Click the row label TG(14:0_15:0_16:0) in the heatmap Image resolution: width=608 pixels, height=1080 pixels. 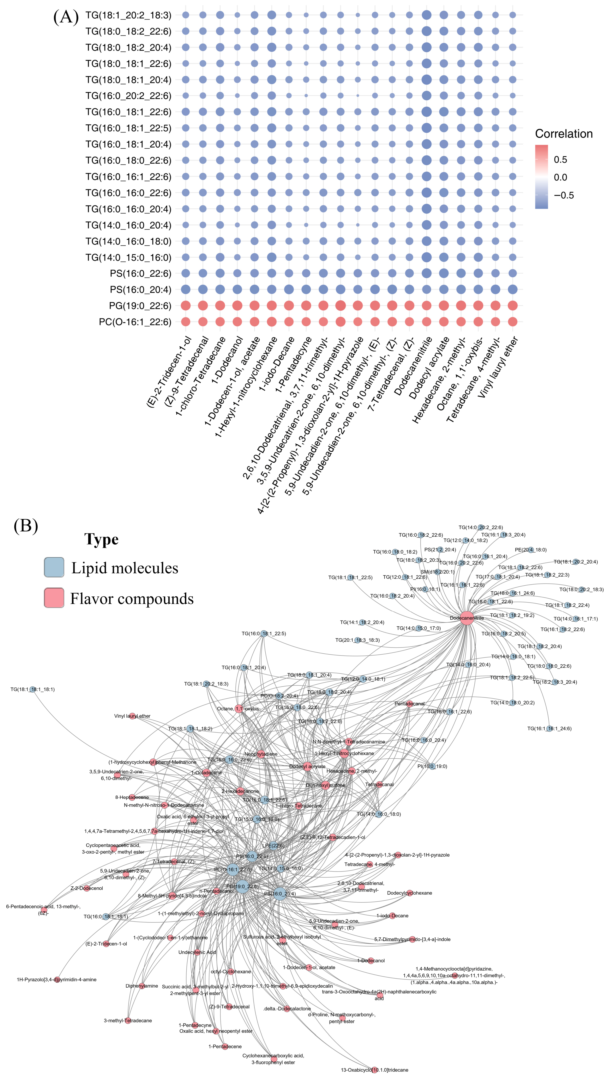coord(128,257)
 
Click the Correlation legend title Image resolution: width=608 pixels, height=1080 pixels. coord(564,134)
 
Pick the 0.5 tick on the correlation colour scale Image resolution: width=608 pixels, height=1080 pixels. coord(560,159)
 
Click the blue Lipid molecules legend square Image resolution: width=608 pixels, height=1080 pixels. coord(54,567)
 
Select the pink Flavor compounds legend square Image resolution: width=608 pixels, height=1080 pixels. coord(54,598)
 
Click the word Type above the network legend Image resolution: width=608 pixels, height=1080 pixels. coord(101,539)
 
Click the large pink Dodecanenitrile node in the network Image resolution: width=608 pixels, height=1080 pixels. coord(467,618)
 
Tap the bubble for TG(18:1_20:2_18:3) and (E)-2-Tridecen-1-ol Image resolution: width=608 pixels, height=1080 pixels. coord(186,15)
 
